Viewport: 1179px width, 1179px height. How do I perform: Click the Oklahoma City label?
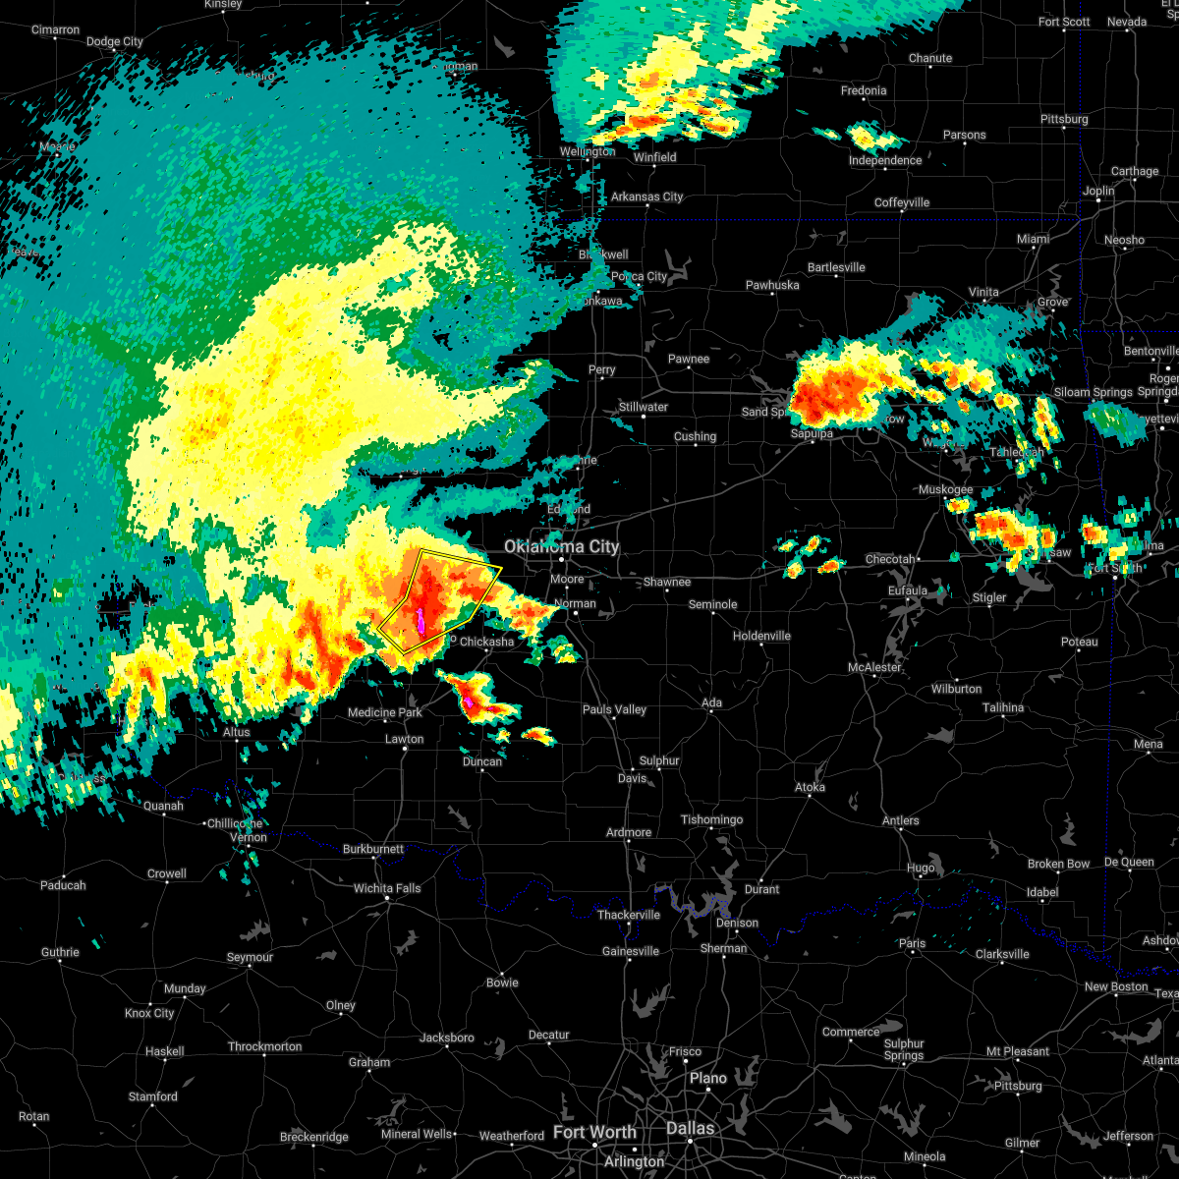pyautogui.click(x=561, y=546)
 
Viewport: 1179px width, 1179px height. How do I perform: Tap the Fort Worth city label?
pyautogui.click(x=594, y=1132)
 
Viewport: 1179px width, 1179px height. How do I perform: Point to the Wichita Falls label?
pyautogui.click(x=387, y=888)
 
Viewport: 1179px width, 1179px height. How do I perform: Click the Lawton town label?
pyautogui.click(x=404, y=739)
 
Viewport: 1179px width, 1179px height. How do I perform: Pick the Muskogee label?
pyautogui.click(x=945, y=489)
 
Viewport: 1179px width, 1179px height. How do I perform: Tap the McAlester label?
pyautogui.click(x=874, y=667)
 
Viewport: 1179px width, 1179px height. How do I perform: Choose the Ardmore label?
pyautogui.click(x=629, y=832)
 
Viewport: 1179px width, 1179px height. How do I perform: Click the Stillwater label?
pyautogui.click(x=644, y=407)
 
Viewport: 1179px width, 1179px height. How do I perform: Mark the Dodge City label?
pyautogui.click(x=115, y=41)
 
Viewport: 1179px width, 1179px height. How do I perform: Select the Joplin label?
pyautogui.click(x=1098, y=191)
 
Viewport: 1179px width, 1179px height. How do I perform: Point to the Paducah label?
pyautogui.click(x=63, y=885)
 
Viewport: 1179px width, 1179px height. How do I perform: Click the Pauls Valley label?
pyautogui.click(x=615, y=709)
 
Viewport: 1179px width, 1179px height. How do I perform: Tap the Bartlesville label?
pyautogui.click(x=836, y=267)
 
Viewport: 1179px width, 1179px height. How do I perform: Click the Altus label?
pyautogui.click(x=237, y=732)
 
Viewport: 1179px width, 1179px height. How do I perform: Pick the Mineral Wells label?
pyautogui.click(x=417, y=1134)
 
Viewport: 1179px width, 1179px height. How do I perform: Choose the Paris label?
pyautogui.click(x=912, y=943)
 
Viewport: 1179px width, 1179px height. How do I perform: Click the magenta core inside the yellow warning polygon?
pyautogui.click(x=418, y=620)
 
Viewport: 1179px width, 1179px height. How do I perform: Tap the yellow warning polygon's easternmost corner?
pyautogui.click(x=501, y=568)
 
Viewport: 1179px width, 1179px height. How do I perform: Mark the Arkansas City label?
pyautogui.click(x=646, y=196)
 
